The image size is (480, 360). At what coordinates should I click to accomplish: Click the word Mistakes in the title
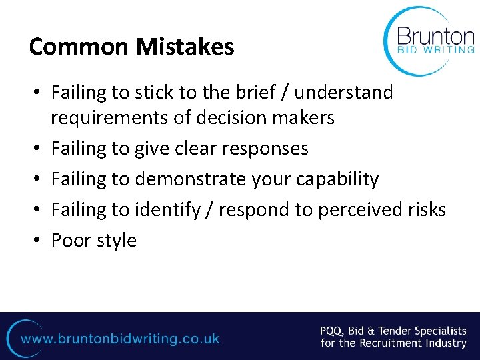point(185,47)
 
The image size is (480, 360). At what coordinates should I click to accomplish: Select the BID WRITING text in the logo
point(436,49)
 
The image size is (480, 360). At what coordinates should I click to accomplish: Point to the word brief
point(257,92)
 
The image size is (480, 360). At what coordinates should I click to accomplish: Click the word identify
point(167,209)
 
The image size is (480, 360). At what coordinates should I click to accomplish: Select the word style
point(116,240)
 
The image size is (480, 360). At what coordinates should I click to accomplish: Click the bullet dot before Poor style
point(38,241)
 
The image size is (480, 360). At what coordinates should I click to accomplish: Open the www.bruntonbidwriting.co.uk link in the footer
point(120,339)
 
